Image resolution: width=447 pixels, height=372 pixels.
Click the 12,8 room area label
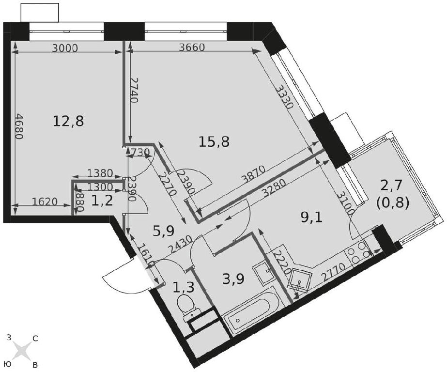pos(68,122)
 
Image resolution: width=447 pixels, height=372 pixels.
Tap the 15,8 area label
pos(214,141)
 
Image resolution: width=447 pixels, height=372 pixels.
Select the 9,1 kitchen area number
pos(311,218)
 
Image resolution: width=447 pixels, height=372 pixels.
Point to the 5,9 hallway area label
pos(164,231)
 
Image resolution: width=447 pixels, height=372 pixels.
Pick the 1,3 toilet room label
pos(184,287)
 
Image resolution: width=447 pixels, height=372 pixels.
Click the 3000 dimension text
pos(65,48)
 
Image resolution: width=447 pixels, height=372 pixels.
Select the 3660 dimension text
pos(192,47)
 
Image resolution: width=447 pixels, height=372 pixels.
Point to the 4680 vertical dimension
pos(19,126)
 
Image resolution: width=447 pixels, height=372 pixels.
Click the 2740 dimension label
pos(134,91)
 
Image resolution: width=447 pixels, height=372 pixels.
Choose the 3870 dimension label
pos(253,174)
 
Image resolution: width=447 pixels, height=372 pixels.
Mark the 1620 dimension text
pos(45,202)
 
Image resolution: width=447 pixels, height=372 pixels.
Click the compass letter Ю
pos(8,364)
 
